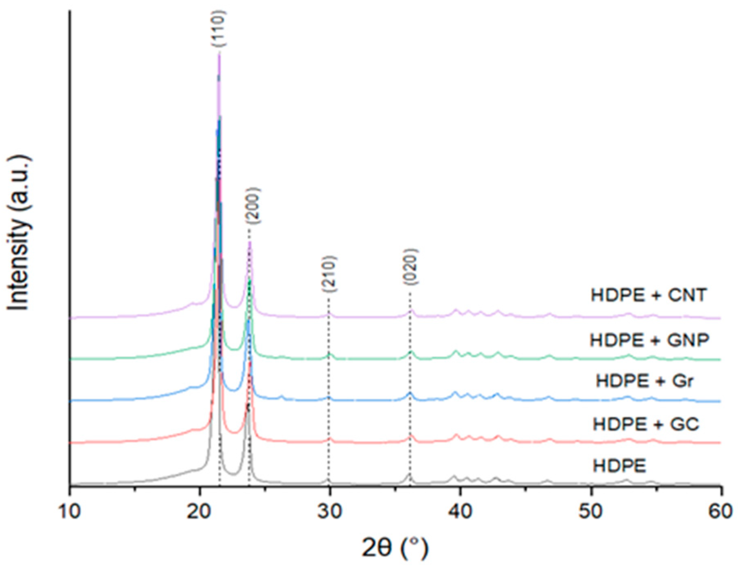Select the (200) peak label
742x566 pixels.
coord(252,206)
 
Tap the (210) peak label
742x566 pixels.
coord(329,274)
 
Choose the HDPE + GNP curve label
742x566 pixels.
coord(650,340)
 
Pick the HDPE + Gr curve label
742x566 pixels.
coord(645,381)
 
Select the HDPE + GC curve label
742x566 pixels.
coord(646,424)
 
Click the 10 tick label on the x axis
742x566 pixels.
coord(70,511)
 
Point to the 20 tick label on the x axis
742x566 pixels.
coord(200,511)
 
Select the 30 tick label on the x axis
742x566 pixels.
coord(330,511)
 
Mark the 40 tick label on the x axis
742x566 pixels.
coord(460,511)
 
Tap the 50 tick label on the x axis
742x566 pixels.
coord(591,511)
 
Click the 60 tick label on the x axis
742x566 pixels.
coord(720,511)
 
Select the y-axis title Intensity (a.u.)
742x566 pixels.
coord(19,233)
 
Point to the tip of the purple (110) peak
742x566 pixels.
coord(219,53)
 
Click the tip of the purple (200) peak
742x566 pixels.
coord(250,242)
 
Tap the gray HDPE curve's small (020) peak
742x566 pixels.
coord(409,474)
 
